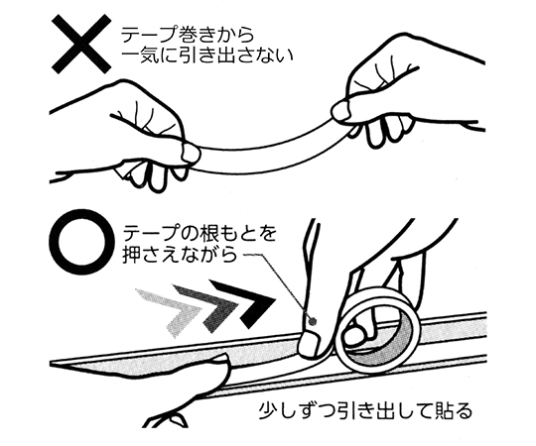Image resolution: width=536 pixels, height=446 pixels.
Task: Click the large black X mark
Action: [81, 44]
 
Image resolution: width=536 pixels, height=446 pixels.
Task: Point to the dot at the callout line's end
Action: [312, 320]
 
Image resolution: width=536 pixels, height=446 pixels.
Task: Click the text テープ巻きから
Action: [188, 37]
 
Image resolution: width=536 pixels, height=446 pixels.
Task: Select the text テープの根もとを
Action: [200, 235]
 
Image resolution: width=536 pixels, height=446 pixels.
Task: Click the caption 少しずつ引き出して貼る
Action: [365, 411]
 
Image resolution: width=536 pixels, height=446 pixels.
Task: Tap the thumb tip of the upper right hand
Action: [341, 110]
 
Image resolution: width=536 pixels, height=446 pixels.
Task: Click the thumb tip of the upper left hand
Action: [190, 153]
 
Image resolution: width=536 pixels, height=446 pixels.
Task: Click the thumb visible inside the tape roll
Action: [355, 334]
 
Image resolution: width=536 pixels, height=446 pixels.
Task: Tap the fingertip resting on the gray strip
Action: [218, 361]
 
